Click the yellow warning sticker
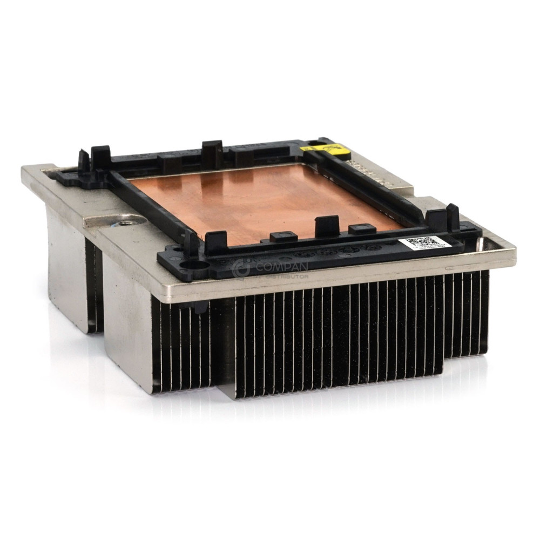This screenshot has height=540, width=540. click(x=323, y=147)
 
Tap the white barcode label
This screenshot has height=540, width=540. click(x=424, y=243)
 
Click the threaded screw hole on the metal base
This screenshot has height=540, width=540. click(x=127, y=222)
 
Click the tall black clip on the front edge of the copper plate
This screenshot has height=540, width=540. click(x=327, y=225)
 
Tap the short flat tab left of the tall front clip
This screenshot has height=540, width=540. click(x=283, y=236)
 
